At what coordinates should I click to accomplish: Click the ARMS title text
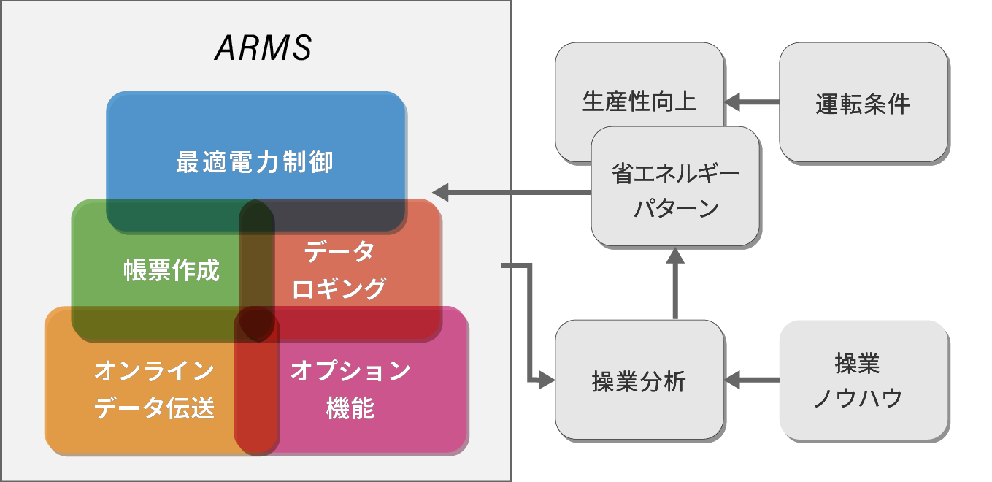263,49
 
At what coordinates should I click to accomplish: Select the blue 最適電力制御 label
255,161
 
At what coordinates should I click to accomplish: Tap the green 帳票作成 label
171,271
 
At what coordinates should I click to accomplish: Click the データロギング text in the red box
339,270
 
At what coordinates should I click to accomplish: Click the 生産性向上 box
639,101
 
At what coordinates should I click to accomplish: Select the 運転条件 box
863,104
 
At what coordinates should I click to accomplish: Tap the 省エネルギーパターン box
675,191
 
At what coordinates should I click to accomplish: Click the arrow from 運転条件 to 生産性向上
752,102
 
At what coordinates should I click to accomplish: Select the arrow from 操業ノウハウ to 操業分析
752,380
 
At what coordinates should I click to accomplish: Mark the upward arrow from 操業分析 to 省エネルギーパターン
675,285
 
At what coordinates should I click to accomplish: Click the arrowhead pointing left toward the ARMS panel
441,193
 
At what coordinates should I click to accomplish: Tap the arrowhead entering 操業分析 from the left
546,380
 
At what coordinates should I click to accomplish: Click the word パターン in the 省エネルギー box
676,209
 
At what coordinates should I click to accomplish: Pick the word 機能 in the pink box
350,408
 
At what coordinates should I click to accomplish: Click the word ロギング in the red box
339,289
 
